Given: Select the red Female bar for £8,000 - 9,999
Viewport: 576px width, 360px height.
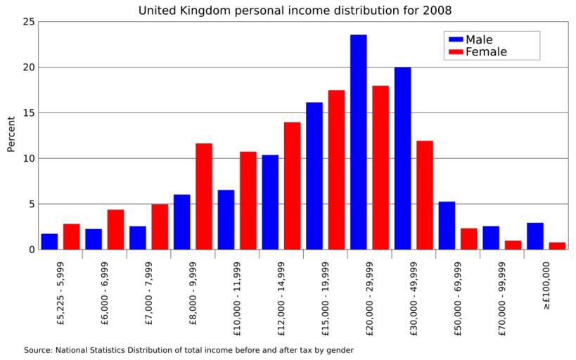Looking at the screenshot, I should [204, 196].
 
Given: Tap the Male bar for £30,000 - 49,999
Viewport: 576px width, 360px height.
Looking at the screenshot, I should [402, 158].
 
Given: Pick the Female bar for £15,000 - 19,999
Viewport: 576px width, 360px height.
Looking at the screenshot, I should [336, 169].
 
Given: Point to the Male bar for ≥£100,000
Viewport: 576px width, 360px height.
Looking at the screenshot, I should [535, 236].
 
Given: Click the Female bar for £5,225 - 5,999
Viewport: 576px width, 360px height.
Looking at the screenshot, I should [71, 237].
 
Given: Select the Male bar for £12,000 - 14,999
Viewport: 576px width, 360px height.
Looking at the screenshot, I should [270, 202].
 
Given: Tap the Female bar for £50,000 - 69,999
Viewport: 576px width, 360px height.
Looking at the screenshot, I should [468, 239].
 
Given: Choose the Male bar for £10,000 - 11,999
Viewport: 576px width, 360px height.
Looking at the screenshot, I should [226, 219].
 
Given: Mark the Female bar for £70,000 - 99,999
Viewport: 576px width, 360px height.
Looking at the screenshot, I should [513, 245].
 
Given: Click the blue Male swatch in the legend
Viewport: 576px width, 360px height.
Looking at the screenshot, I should [455, 40].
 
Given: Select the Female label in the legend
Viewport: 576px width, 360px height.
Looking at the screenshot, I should [486, 52].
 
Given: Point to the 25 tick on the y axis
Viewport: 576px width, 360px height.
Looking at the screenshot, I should [28, 22].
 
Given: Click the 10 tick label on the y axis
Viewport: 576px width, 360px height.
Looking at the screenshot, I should [28, 158].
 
